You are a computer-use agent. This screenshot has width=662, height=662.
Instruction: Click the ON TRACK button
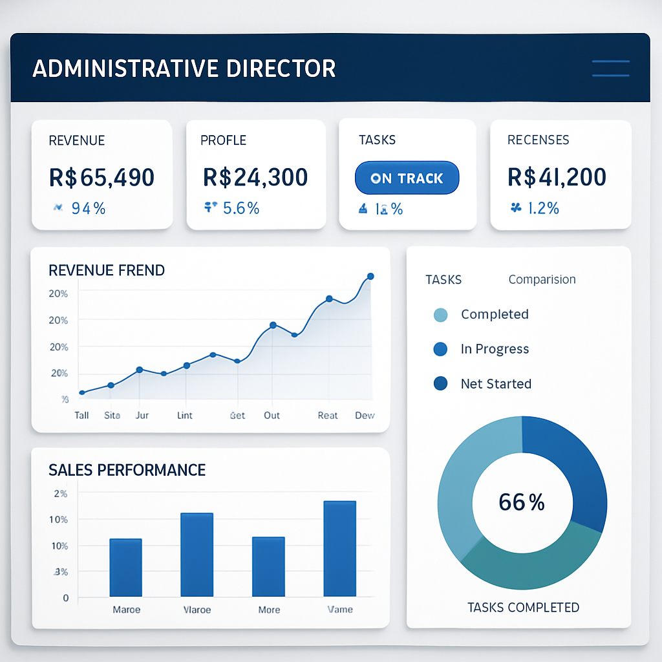click(x=407, y=178)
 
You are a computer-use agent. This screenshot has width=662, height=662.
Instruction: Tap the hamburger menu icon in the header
click(x=610, y=69)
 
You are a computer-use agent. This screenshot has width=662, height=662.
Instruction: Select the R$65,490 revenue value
click(x=101, y=176)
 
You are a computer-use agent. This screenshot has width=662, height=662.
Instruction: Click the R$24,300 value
click(x=255, y=176)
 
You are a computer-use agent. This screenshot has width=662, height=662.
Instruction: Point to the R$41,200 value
click(x=557, y=176)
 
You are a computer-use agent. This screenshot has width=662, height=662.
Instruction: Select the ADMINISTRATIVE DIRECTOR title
click(x=184, y=69)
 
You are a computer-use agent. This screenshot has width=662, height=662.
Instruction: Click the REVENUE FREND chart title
click(x=107, y=270)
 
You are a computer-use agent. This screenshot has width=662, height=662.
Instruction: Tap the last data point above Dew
click(x=370, y=277)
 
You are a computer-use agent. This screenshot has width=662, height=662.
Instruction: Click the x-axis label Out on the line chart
click(x=272, y=415)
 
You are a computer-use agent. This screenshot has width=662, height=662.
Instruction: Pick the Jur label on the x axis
click(x=142, y=415)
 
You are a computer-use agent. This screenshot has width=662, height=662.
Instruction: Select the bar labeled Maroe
click(x=125, y=568)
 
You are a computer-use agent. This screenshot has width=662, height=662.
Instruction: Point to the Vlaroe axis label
click(x=197, y=610)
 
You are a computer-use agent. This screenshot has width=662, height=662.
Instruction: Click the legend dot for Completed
click(x=440, y=315)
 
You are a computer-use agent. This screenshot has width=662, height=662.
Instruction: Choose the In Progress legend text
click(x=495, y=349)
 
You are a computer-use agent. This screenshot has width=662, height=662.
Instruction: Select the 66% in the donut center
click(x=522, y=502)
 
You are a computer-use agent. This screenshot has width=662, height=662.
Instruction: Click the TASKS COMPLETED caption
click(x=523, y=607)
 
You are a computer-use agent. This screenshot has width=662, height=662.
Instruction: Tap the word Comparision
click(x=542, y=279)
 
